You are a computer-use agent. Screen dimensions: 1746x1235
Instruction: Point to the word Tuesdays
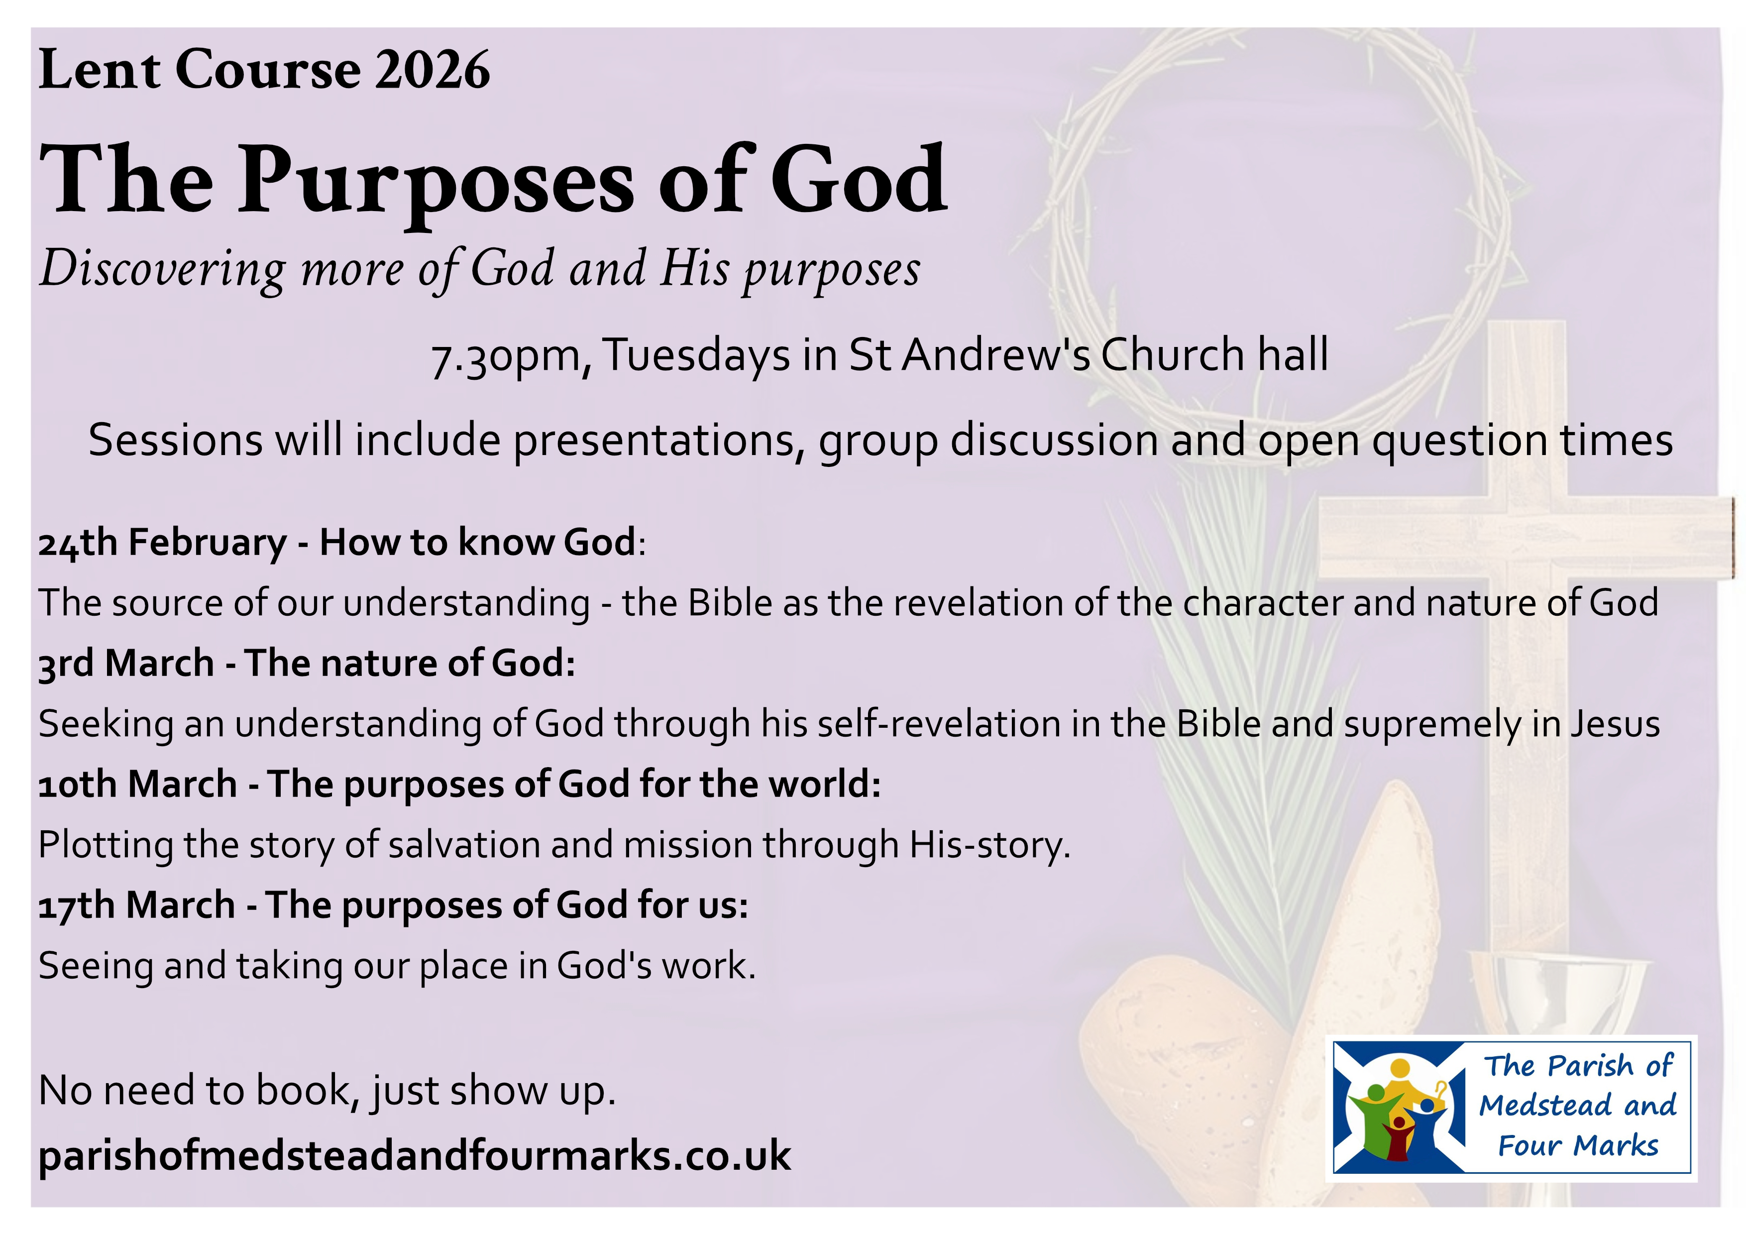click(697, 356)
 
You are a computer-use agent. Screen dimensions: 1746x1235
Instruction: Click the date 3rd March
click(126, 663)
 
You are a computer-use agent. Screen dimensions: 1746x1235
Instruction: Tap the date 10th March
click(138, 784)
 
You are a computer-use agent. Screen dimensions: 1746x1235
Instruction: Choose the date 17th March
click(137, 905)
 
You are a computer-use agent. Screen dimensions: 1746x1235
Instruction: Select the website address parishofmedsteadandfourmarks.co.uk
click(415, 1155)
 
